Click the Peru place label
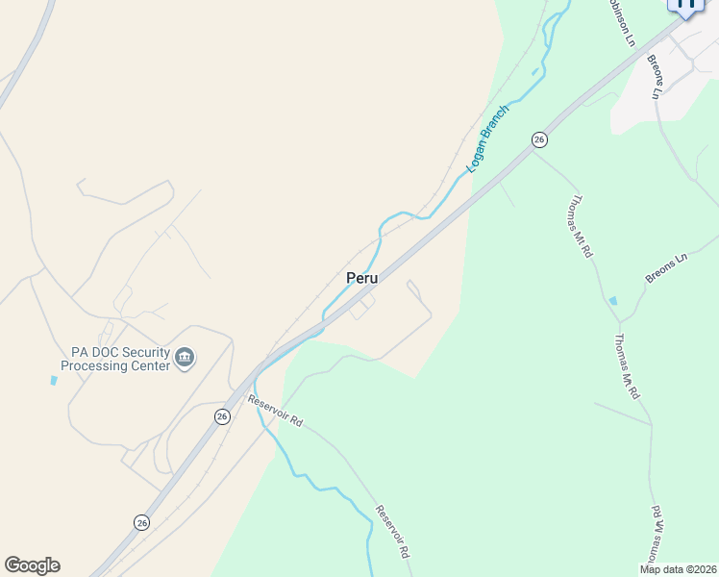pyautogui.click(x=361, y=277)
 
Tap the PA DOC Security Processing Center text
pyautogui.click(x=114, y=359)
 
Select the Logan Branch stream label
pyautogui.click(x=487, y=138)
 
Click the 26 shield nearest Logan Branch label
pyautogui.click(x=539, y=139)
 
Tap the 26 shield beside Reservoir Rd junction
pyautogui.click(x=223, y=416)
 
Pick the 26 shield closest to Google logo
pyautogui.click(x=141, y=522)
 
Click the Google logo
pyautogui.click(x=32, y=565)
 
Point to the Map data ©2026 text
pyautogui.click(x=678, y=569)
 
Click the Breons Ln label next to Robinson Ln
pyautogui.click(x=656, y=77)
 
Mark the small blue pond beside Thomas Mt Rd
pyautogui.click(x=613, y=301)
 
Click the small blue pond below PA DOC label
pyautogui.click(x=54, y=380)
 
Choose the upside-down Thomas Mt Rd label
pyautogui.click(x=653, y=535)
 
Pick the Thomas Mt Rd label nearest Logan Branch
pyautogui.click(x=580, y=227)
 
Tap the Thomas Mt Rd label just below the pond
pyautogui.click(x=627, y=366)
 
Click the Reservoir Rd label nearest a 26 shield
pyautogui.click(x=275, y=411)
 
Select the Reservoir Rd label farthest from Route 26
pyautogui.click(x=393, y=533)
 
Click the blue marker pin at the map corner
pyautogui.click(x=686, y=6)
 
